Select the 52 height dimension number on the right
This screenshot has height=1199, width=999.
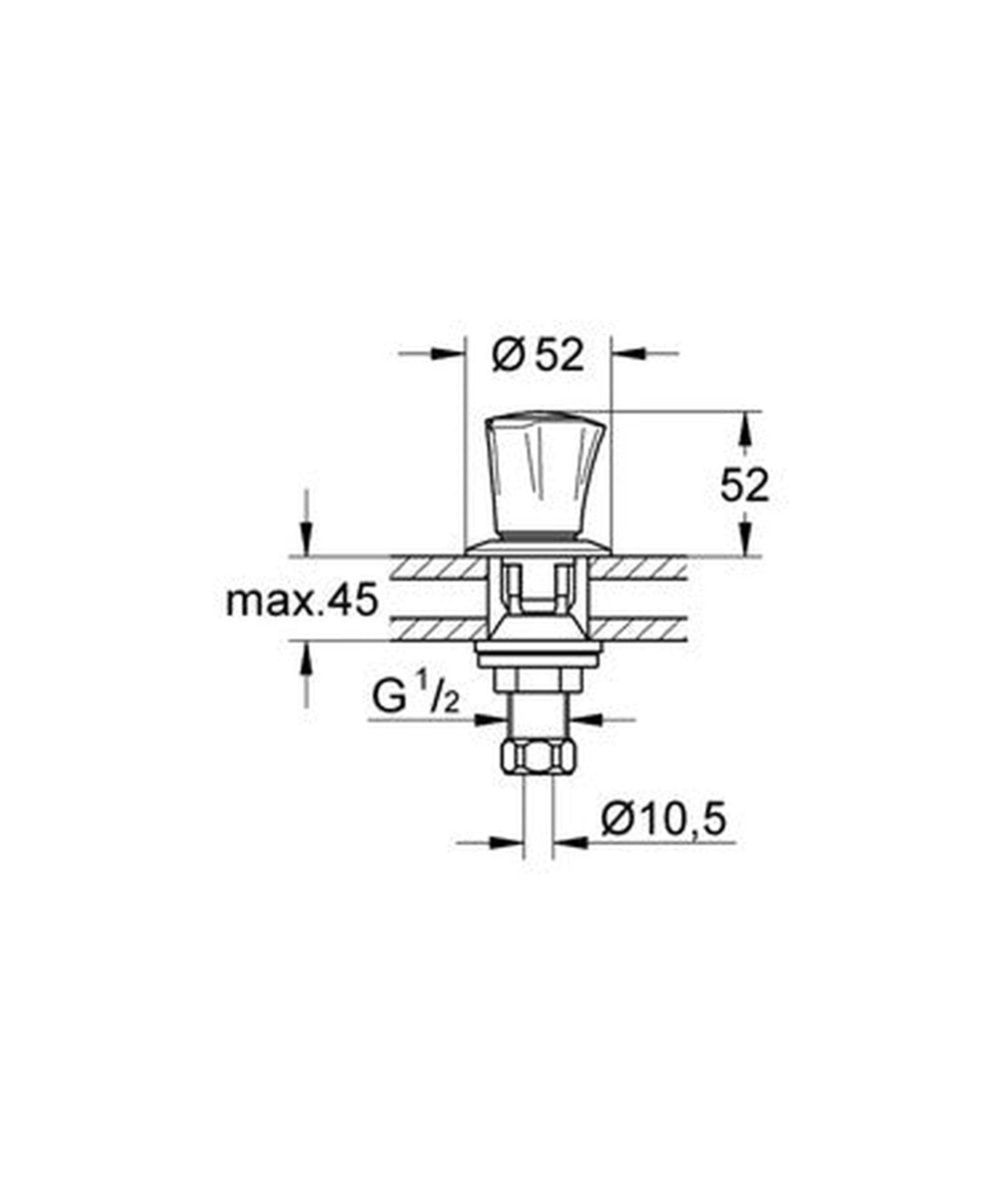(744, 485)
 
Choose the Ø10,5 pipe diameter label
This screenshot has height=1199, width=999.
(663, 820)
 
